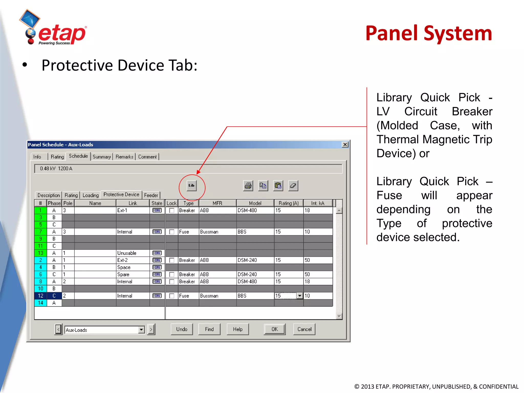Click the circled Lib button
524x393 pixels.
[x=191, y=185]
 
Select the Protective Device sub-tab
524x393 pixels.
[x=121, y=195]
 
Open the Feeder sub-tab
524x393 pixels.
[x=151, y=195]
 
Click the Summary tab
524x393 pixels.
[x=102, y=157]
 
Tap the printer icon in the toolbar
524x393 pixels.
[x=248, y=185]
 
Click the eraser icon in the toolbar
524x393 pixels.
[x=293, y=185]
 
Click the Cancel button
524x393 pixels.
[x=304, y=329]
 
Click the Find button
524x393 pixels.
[x=209, y=329]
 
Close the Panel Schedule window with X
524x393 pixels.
[x=345, y=145]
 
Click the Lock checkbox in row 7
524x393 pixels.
[x=172, y=232]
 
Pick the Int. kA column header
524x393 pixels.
[x=318, y=203]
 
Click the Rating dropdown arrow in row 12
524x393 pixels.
[x=300, y=296]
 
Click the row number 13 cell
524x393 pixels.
[x=40, y=253]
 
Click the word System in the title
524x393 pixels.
[x=458, y=33]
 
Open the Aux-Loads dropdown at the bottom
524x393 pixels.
[x=141, y=330]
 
